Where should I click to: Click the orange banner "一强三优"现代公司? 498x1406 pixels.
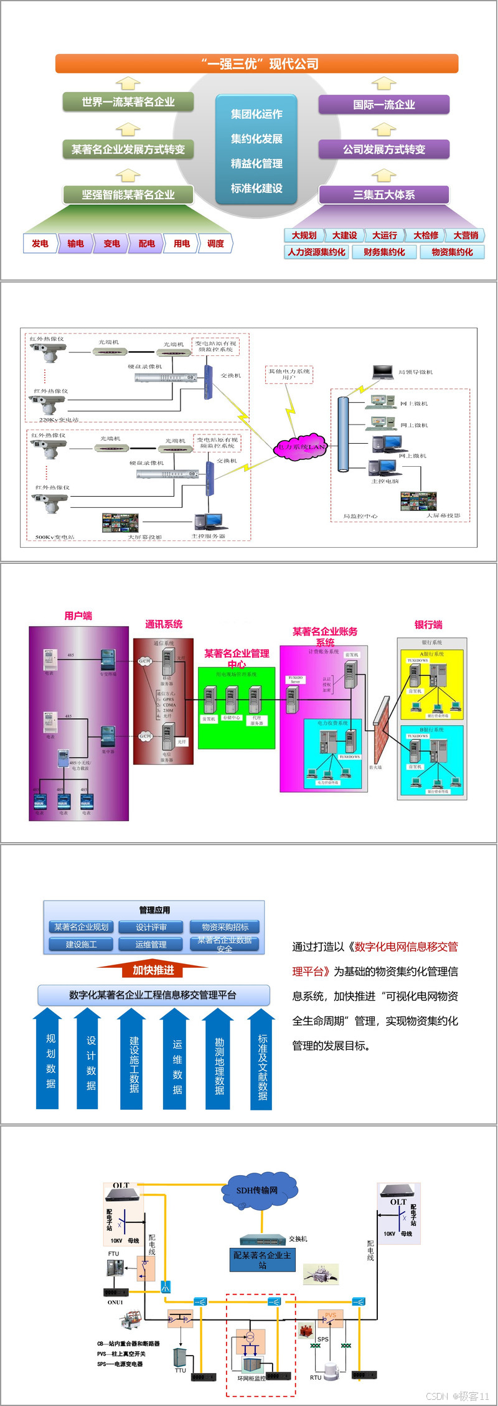[256, 63]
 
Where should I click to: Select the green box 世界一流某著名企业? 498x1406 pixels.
[128, 101]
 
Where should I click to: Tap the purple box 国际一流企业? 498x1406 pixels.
[383, 105]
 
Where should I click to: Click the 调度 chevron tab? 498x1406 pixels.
[216, 243]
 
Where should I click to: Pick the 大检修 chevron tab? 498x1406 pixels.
[426, 235]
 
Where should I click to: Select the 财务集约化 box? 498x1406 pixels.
[384, 252]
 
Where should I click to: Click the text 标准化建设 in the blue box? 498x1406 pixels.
[256, 188]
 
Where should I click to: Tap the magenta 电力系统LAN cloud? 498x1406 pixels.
[301, 446]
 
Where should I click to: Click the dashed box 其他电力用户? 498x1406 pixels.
[289, 374]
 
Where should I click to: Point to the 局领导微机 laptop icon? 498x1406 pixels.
[382, 372]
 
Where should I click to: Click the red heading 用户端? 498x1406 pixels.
[78, 616]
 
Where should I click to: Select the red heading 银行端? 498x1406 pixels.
[428, 624]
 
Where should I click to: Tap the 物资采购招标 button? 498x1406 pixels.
[225, 927]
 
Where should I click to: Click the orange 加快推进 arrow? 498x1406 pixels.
[153, 970]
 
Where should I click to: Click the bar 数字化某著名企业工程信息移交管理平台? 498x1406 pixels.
[153, 995]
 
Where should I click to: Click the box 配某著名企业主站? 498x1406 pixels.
[262, 1260]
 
